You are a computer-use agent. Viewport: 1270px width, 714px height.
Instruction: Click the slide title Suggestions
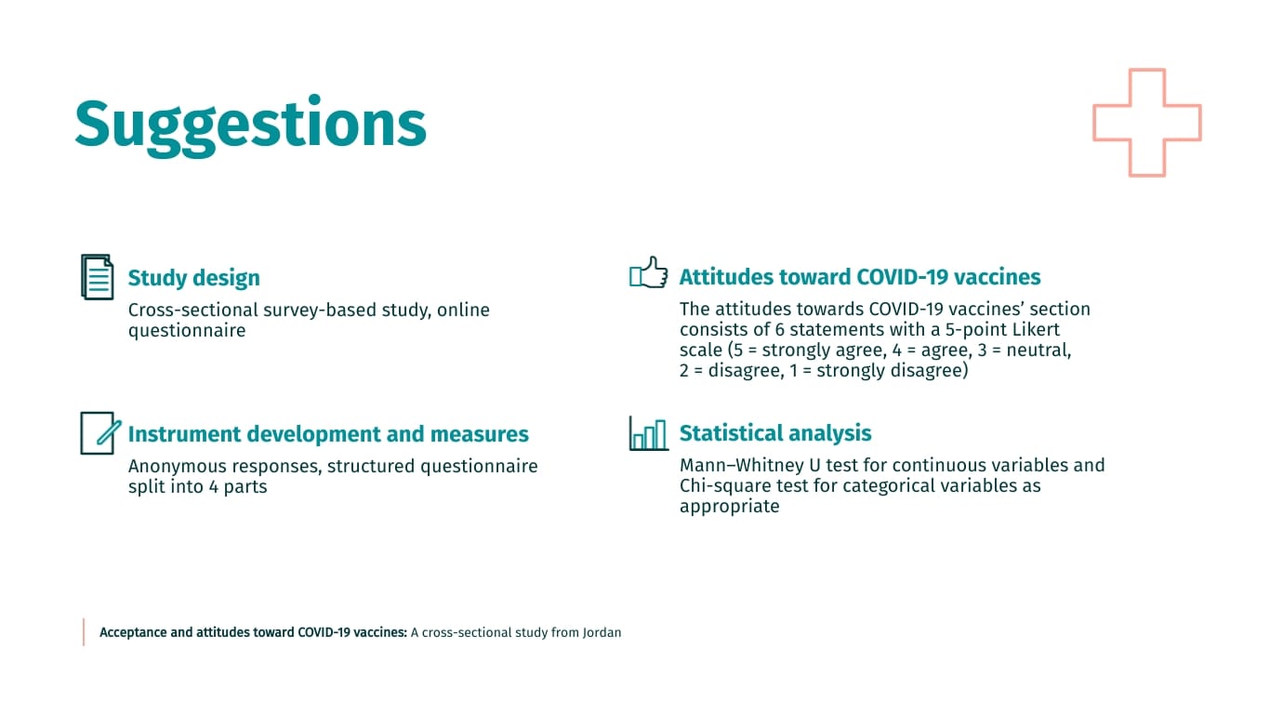tap(250, 124)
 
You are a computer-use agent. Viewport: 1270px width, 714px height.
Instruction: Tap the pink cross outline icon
tap(1146, 123)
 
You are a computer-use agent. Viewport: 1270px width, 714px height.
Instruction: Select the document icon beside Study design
tap(97, 277)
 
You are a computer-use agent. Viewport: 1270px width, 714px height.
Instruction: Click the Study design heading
tap(193, 278)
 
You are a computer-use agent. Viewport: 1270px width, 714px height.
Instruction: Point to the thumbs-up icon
tap(648, 273)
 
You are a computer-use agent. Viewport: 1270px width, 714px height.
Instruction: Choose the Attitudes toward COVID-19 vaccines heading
tap(859, 277)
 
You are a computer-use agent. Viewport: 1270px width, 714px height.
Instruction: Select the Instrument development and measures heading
tap(327, 434)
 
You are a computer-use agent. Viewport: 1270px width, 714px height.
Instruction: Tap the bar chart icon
tap(648, 433)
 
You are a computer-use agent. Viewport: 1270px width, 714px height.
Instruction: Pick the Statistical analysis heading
tap(774, 433)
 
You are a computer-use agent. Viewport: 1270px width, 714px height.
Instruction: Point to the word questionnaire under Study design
tap(186, 331)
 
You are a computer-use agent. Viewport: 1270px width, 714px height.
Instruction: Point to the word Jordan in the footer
tap(602, 632)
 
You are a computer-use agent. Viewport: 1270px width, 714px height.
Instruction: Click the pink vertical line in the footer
tap(84, 632)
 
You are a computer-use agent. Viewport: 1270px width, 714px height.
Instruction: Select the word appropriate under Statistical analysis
tap(729, 507)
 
